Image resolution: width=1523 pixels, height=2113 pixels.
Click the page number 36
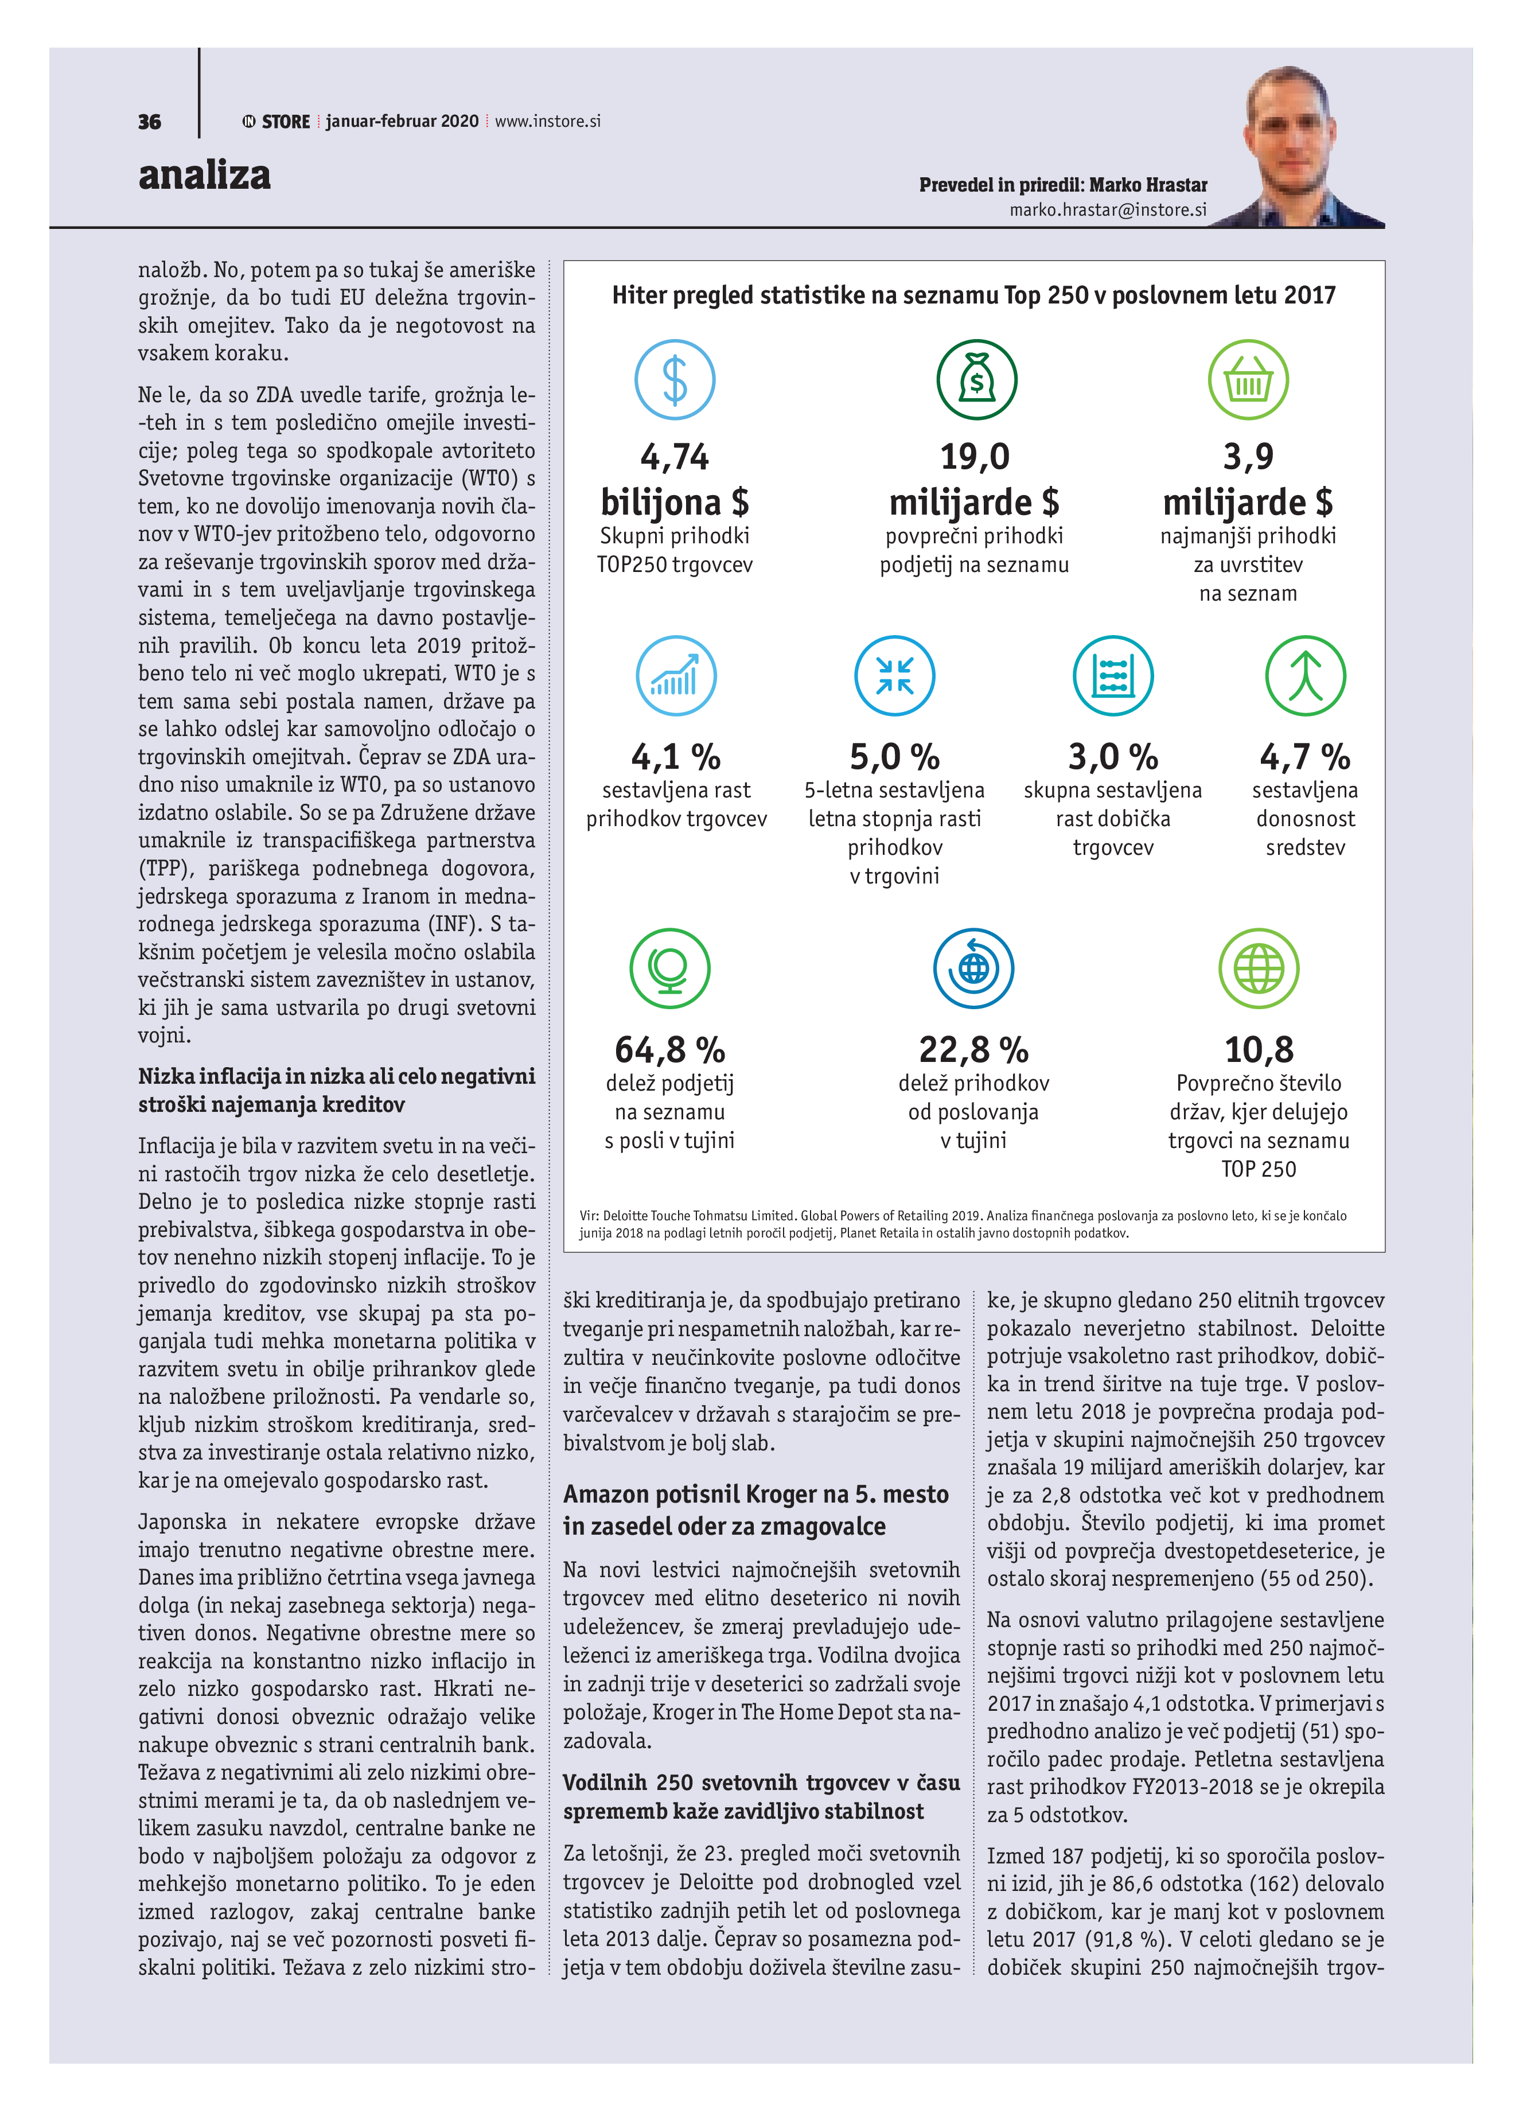pyautogui.click(x=149, y=122)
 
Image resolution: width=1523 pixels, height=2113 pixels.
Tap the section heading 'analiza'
pyautogui.click(x=204, y=175)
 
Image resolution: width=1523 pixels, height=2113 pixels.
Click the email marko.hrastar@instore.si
pyautogui.click(x=1108, y=211)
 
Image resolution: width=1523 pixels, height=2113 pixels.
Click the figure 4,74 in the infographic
pyautogui.click(x=675, y=457)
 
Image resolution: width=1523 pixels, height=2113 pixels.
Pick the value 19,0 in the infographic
pyautogui.click(x=975, y=457)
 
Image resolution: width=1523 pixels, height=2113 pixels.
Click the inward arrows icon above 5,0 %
pyautogui.click(x=894, y=675)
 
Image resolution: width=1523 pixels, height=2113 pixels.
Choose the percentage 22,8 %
pyautogui.click(x=973, y=1050)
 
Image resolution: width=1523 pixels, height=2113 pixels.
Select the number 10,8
pyautogui.click(x=1259, y=1050)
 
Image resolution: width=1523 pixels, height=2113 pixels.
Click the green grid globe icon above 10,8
pyautogui.click(x=1259, y=969)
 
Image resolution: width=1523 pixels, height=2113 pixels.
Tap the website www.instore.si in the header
pyautogui.click(x=548, y=122)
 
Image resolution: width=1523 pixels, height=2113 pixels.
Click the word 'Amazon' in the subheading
pyautogui.click(x=606, y=1495)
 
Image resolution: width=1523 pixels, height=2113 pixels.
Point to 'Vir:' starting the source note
pyautogui.click(x=589, y=1216)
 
